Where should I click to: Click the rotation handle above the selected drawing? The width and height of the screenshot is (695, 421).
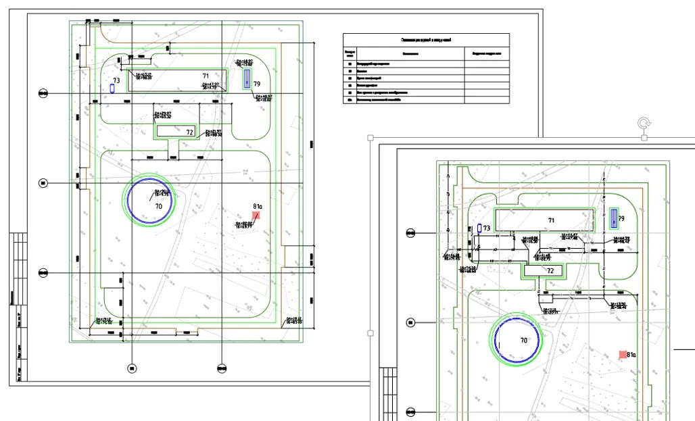(644, 123)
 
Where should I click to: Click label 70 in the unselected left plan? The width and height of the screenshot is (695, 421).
(158, 205)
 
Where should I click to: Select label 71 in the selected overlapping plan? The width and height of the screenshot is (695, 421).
(551, 220)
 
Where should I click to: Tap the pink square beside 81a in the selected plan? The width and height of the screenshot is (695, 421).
(623, 354)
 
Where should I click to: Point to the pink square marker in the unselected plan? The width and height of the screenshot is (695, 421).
(256, 215)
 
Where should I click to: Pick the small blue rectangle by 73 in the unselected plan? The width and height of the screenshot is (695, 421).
(113, 88)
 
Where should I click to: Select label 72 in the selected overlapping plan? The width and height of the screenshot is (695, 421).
(550, 270)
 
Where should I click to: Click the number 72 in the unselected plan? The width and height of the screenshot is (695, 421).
(190, 132)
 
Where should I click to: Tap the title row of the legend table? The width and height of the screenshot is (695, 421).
(426, 41)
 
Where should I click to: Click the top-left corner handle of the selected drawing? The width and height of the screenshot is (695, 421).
(370, 138)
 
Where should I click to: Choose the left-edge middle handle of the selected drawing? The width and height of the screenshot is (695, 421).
(370, 333)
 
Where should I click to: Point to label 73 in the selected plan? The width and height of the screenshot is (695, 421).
(487, 228)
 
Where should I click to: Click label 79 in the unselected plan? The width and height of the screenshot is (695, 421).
(257, 83)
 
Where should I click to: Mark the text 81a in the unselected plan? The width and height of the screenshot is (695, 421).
(257, 205)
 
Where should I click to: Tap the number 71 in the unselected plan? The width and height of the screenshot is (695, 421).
(206, 76)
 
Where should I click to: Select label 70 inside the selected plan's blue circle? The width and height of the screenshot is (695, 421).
(523, 340)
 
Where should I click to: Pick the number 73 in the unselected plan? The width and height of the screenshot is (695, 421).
(116, 80)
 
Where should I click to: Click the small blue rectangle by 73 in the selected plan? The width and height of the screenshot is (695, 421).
(479, 228)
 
